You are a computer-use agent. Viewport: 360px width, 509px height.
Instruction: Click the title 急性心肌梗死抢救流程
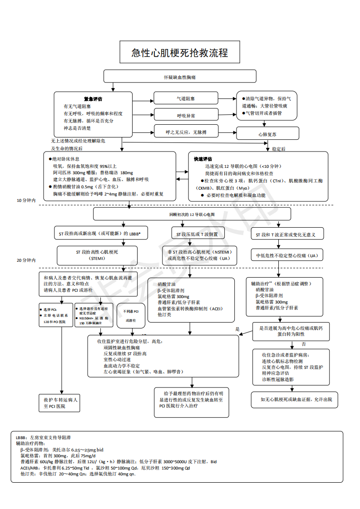pos(179,53)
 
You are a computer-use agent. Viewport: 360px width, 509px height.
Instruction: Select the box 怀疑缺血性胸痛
pos(180,76)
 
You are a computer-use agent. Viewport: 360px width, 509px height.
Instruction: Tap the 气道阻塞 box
pos(186,98)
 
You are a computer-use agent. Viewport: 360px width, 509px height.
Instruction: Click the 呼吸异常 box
pos(186,115)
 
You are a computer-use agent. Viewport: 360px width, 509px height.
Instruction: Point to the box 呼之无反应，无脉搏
pos(186,132)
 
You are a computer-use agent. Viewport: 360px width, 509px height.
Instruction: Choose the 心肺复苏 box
pos(267,134)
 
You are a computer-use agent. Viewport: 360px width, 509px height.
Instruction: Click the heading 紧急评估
pos(93,99)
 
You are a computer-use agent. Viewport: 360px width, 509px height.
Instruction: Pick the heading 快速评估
pos(203,159)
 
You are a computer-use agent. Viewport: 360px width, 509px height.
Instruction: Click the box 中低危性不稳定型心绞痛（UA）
pos(287,255)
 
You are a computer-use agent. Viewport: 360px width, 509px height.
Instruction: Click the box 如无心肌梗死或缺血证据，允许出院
pos(296,399)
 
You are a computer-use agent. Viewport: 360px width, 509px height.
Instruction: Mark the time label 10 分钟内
pos(26,200)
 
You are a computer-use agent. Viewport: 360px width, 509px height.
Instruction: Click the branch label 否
pos(304,344)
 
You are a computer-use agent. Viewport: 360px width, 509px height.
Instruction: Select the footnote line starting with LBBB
pos(43,437)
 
